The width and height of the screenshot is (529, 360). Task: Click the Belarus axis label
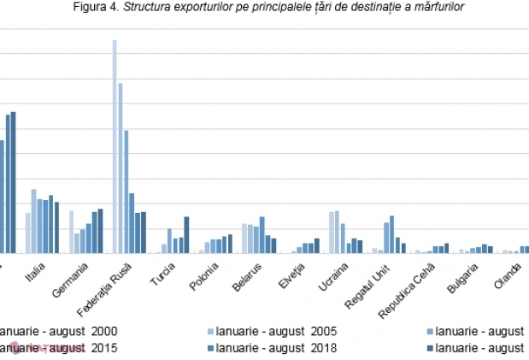[x=247, y=275]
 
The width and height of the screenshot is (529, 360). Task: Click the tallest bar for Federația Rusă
[x=115, y=146]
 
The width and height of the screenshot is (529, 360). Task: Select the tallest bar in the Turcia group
[x=186, y=235]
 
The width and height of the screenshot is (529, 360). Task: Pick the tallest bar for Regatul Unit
[x=391, y=234]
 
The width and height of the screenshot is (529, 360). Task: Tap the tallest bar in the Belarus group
[x=262, y=235]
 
